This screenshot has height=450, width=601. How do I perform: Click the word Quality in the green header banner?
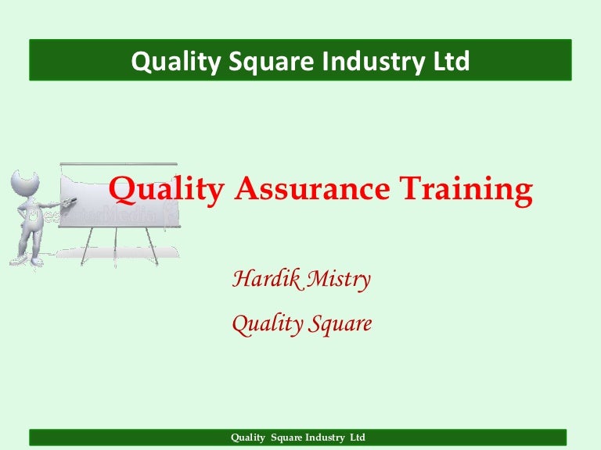pyautogui.click(x=176, y=62)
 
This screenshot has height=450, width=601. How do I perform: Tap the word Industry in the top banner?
pyautogui.click(x=373, y=62)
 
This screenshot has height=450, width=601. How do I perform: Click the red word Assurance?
pyautogui.click(x=312, y=188)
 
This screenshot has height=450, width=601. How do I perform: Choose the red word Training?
pyautogui.click(x=466, y=191)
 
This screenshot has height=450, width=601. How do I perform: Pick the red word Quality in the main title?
pyautogui.click(x=167, y=191)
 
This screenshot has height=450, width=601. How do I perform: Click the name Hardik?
pyautogui.click(x=266, y=278)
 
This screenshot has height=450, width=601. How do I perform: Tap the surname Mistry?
pyautogui.click(x=339, y=280)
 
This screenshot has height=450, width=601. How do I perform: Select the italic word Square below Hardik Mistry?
pyautogui.click(x=340, y=324)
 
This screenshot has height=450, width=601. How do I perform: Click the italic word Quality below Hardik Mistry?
pyautogui.click(x=267, y=324)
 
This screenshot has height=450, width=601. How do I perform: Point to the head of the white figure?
pyautogui.click(x=24, y=183)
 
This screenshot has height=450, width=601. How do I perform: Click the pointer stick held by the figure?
pyautogui.click(x=68, y=202)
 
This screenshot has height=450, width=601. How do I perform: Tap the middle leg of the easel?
pyautogui.click(x=115, y=246)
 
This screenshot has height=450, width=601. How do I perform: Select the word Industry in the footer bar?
pyautogui.click(x=325, y=437)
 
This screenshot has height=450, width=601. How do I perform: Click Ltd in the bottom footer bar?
pyautogui.click(x=358, y=437)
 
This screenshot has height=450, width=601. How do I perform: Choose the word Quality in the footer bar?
pyautogui.click(x=248, y=437)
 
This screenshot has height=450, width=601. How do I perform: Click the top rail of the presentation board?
pyautogui.click(x=119, y=164)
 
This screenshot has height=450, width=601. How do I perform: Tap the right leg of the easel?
pyautogui.click(x=151, y=246)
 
